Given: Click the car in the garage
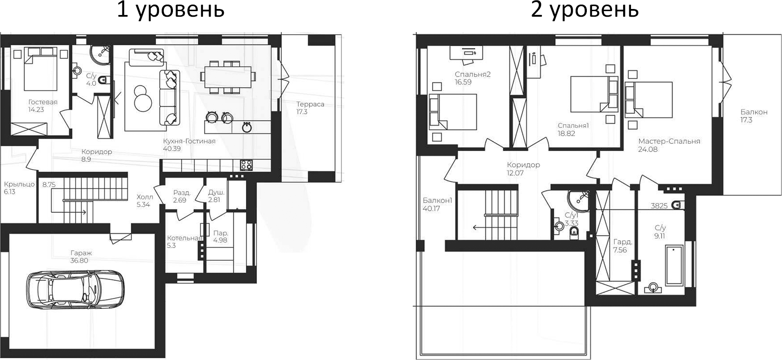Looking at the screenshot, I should (75, 289).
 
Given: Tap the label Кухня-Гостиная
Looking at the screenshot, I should (189, 141).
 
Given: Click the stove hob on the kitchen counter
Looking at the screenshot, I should (246, 165).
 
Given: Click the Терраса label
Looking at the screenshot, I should (310, 104).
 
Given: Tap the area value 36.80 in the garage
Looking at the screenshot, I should (79, 260).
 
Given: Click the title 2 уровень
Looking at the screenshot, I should (584, 9).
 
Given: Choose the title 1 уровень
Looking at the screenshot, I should (170, 9).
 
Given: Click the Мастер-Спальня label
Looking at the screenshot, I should (669, 141).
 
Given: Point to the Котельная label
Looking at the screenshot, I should (184, 238).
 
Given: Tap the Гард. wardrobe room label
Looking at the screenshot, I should (622, 242).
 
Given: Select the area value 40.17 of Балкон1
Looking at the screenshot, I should (432, 209).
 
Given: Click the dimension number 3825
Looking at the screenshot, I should (659, 206).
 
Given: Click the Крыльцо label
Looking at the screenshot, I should (19, 184).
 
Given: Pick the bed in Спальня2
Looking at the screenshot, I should (453, 112).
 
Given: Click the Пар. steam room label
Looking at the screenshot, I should (221, 233).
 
